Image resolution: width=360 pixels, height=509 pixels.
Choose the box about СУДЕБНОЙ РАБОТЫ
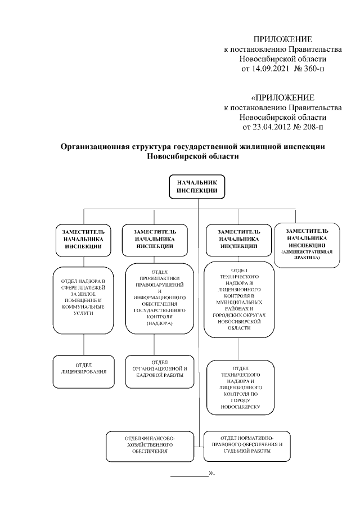(246, 444)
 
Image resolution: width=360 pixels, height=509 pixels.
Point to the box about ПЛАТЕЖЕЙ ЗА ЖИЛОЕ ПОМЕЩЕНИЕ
(83, 298)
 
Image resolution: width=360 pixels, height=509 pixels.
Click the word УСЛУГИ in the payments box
(83, 313)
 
